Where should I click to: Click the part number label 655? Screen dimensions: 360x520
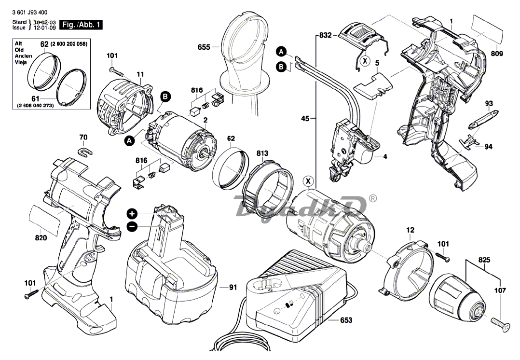[204, 47]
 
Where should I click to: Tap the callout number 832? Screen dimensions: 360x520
[326, 35]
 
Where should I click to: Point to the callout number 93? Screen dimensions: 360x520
[489, 103]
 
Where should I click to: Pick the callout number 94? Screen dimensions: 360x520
[489, 147]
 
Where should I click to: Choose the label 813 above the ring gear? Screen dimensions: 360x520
[262, 153]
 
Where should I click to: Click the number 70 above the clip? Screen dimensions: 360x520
[83, 138]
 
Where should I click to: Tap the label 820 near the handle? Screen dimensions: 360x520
[41, 237]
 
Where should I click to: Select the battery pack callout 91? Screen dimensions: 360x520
[233, 288]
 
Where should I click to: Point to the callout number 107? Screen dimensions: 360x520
[500, 291]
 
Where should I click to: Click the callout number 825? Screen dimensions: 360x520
[484, 260]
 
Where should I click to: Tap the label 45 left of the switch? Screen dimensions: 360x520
[305, 117]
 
